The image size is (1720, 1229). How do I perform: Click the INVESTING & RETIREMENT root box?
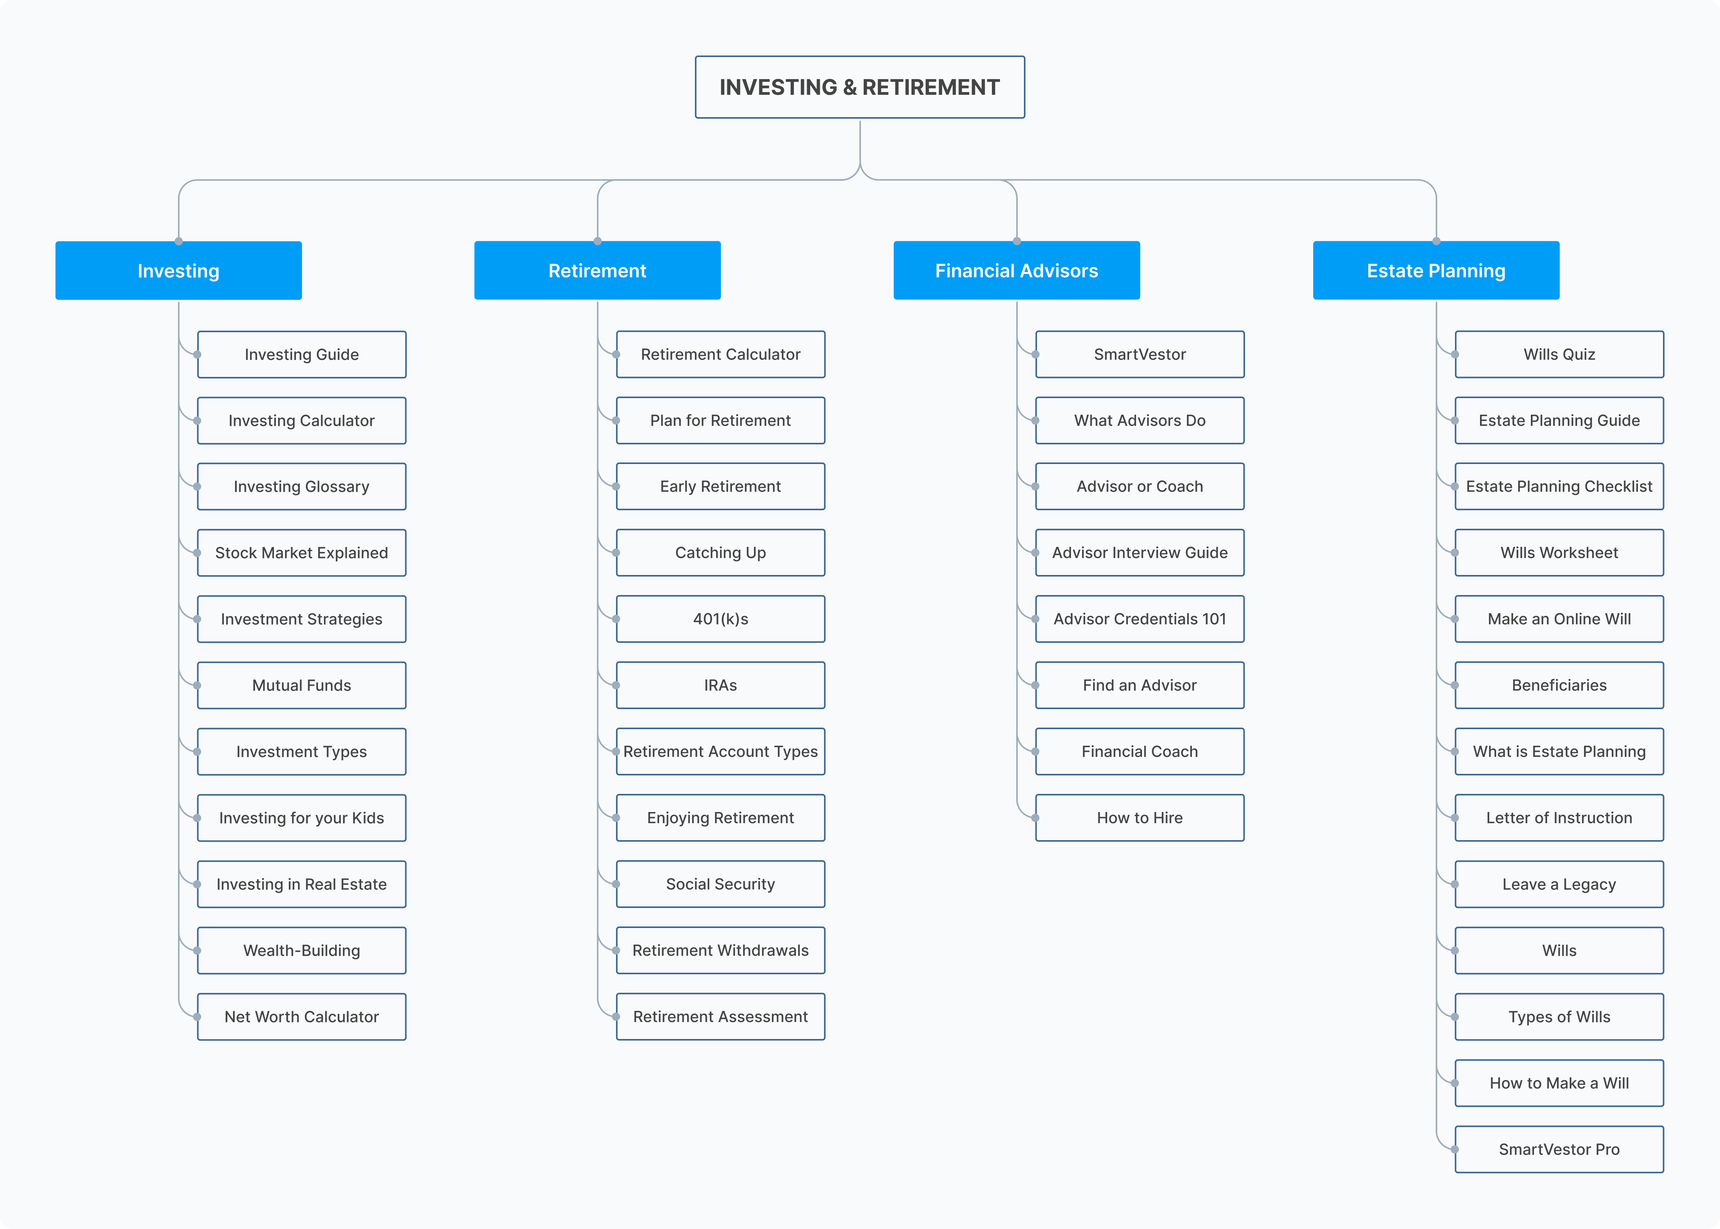pyautogui.click(x=860, y=87)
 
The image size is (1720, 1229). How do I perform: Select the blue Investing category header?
pyautogui.click(x=178, y=270)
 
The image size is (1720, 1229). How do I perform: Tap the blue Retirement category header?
pyautogui.click(x=597, y=270)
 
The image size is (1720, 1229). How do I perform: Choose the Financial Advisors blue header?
pyautogui.click(x=1017, y=270)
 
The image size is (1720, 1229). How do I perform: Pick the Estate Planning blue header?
pyautogui.click(x=1436, y=270)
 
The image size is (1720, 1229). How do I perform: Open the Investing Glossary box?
pyautogui.click(x=302, y=487)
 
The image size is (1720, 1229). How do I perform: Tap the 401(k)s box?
pyautogui.click(x=721, y=619)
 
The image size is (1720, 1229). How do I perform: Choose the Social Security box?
pyautogui.click(x=721, y=884)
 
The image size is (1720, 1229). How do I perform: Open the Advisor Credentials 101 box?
pyautogui.click(x=1140, y=619)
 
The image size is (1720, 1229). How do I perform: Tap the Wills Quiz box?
pyautogui.click(x=1560, y=354)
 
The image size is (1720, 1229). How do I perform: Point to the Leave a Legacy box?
pyautogui.click(x=1560, y=884)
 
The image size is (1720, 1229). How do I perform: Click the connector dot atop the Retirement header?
pyautogui.click(x=597, y=241)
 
